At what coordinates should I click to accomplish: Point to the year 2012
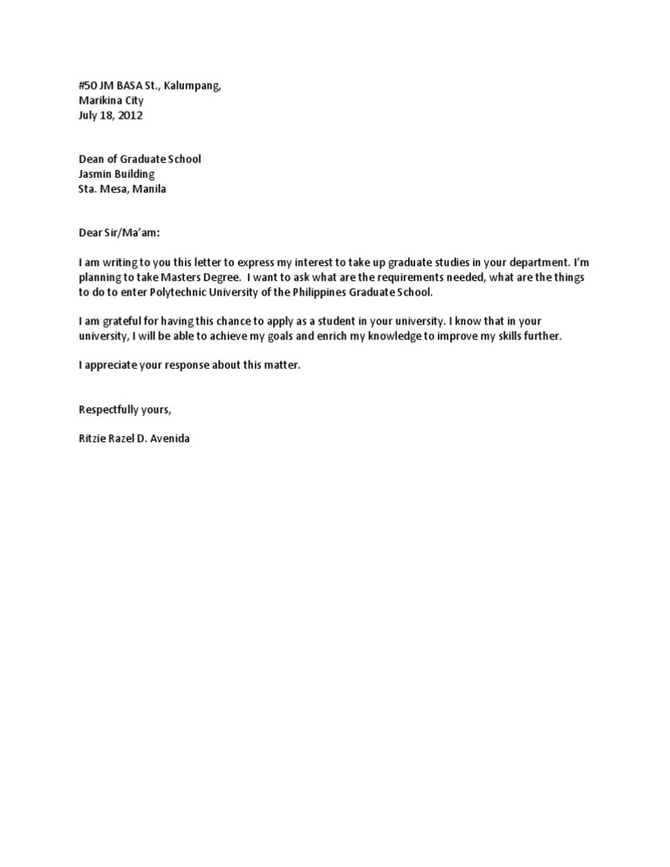point(130,115)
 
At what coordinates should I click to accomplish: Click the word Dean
point(92,160)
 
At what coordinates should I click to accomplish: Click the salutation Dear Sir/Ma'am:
point(120,233)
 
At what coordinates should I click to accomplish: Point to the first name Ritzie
point(93,439)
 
